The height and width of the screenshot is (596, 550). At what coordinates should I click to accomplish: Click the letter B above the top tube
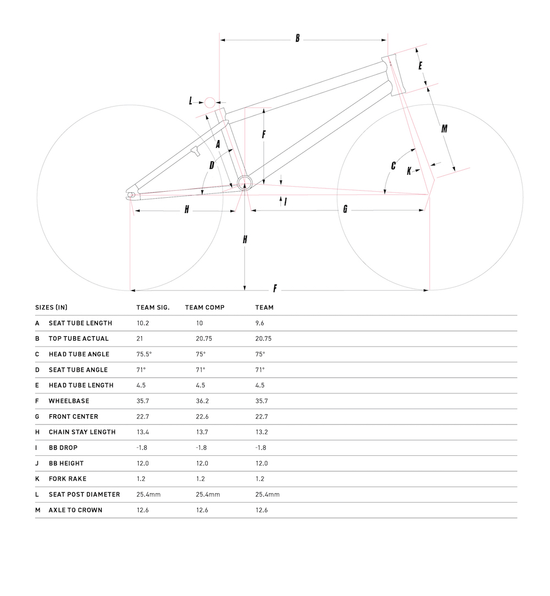[298, 38]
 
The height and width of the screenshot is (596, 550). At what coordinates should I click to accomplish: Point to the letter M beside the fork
[444, 129]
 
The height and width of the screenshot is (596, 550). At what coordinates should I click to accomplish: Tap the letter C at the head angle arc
[393, 165]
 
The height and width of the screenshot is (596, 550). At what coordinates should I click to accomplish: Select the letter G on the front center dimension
[345, 209]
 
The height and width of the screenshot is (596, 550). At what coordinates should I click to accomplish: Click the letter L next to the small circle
[191, 101]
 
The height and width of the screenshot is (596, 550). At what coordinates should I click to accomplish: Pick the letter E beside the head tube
[420, 66]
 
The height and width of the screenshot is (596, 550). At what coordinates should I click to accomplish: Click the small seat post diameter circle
[210, 102]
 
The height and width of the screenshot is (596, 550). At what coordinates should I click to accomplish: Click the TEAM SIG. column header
[153, 308]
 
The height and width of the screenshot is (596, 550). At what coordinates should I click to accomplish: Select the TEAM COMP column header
[205, 308]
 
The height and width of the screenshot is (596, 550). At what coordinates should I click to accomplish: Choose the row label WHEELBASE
[69, 401]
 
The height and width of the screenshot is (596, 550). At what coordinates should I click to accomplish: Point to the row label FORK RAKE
[68, 479]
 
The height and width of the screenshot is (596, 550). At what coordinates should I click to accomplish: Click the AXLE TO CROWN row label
[75, 510]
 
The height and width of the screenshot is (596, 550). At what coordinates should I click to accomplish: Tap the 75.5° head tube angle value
[144, 354]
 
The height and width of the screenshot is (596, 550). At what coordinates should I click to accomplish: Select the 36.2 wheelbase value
[202, 401]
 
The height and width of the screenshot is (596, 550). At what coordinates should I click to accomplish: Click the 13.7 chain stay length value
[202, 432]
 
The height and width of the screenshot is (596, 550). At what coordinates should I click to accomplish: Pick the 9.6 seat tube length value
[260, 324]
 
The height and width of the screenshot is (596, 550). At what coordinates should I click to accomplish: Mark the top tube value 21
[140, 339]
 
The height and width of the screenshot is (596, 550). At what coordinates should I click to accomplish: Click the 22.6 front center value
[202, 417]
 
